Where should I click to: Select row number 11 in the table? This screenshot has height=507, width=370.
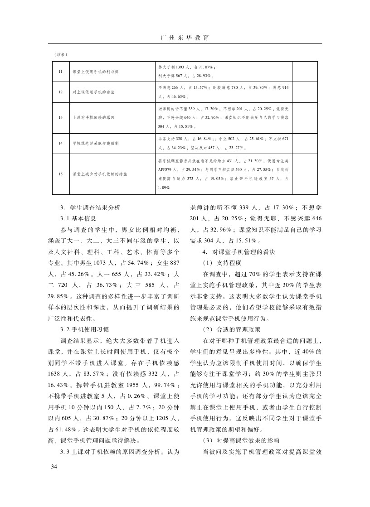click(x=60, y=72)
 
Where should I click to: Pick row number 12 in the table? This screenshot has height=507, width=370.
click(x=60, y=92)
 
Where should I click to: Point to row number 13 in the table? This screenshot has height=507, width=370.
click(x=60, y=117)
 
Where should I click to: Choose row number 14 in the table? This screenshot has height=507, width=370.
click(x=60, y=143)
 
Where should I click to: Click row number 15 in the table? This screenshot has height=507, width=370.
click(x=60, y=174)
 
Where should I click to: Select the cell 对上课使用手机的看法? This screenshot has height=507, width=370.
click(x=93, y=92)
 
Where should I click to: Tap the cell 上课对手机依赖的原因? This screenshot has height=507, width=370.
click(x=93, y=117)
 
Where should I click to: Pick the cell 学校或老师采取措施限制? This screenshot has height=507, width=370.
click(x=95, y=143)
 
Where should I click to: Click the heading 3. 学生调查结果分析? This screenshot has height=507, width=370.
click(x=90, y=208)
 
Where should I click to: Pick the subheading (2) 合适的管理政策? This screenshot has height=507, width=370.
click(x=231, y=328)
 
